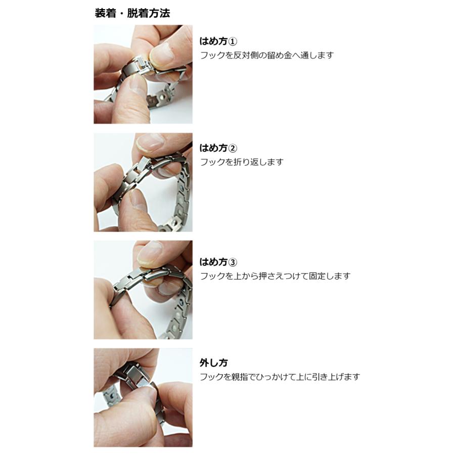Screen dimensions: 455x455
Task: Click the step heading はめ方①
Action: (x=218, y=41)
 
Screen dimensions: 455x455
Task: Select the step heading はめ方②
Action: (x=218, y=148)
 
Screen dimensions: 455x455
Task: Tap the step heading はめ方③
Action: (x=218, y=262)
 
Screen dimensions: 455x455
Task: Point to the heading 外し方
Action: (x=213, y=362)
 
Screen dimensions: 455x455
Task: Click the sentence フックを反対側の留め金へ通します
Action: (x=266, y=55)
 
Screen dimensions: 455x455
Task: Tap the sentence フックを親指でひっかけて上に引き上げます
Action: (x=280, y=377)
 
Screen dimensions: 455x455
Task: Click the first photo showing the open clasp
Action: (x=143, y=74)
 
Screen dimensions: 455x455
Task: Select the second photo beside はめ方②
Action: (x=143, y=182)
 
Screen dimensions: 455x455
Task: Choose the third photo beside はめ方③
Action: (x=143, y=290)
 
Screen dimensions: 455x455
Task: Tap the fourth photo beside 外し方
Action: (x=143, y=397)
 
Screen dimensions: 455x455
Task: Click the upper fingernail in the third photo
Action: (x=150, y=249)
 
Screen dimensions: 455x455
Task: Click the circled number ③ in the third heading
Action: (x=233, y=262)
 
